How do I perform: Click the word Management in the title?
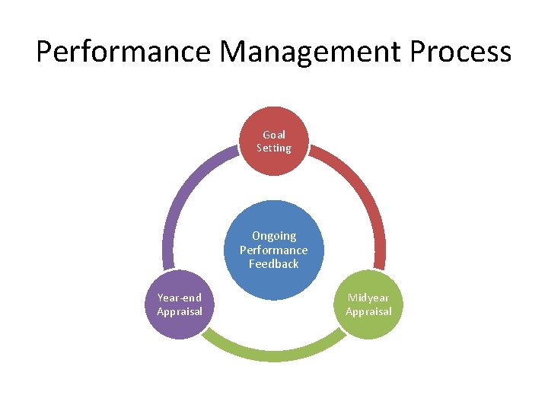point(309,52)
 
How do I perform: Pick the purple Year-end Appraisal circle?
point(180,304)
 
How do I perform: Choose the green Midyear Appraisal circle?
point(368,304)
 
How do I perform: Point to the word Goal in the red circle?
point(274,135)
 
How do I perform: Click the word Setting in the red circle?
point(274,148)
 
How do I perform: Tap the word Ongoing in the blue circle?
point(274,236)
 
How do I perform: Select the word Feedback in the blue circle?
point(274,264)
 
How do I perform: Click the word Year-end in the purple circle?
point(180,298)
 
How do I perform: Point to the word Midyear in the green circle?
point(368,298)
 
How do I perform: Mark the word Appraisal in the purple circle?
point(180,311)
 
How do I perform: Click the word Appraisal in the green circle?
point(368,311)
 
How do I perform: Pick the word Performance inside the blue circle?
point(274,250)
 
